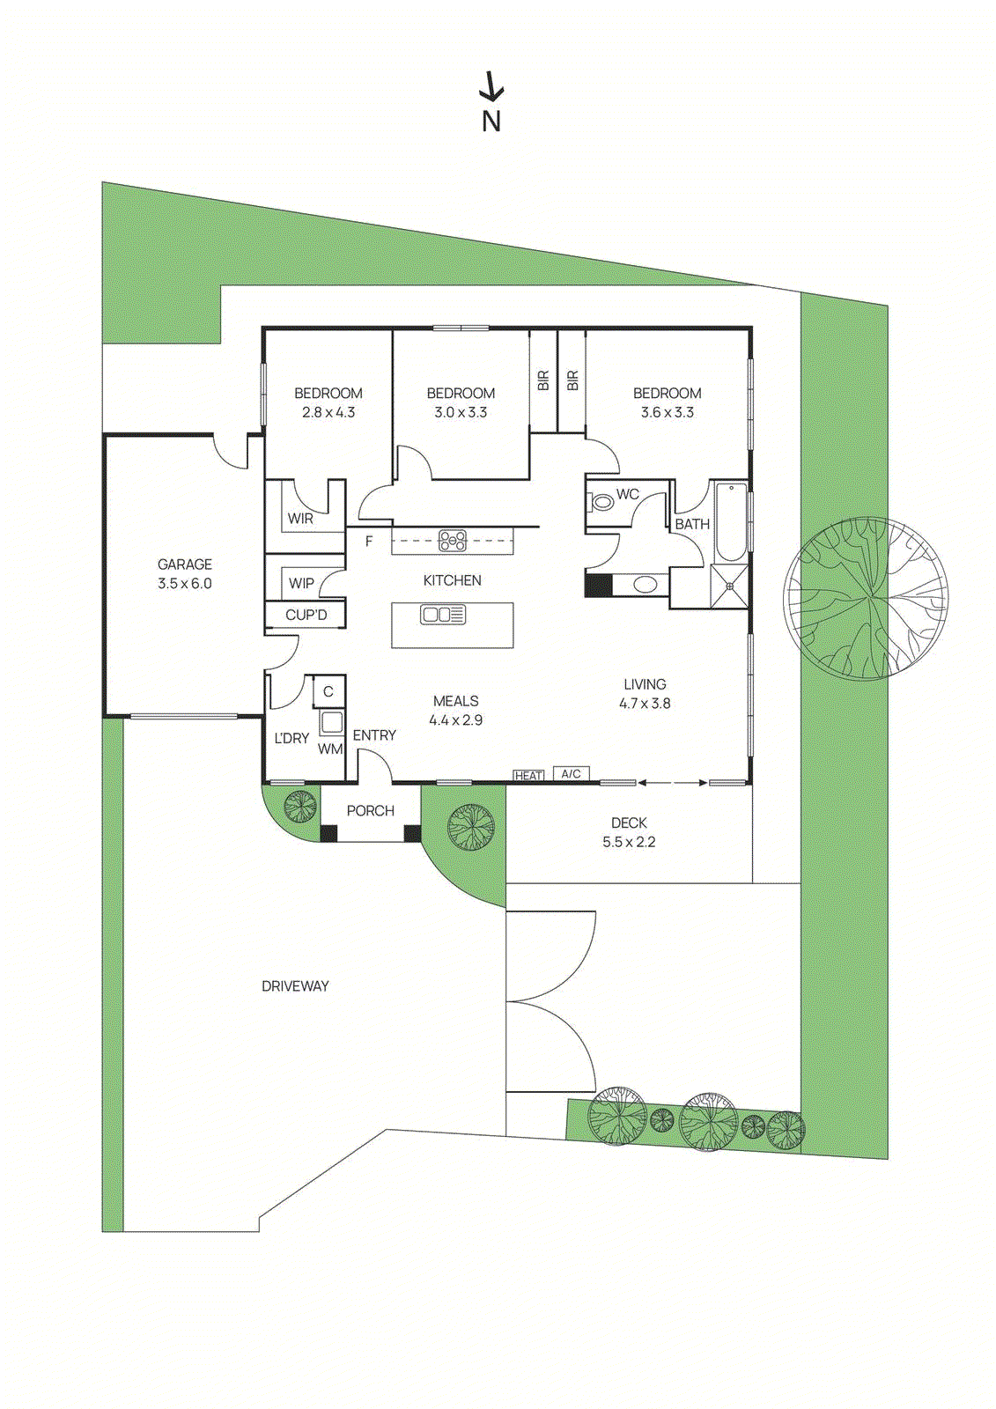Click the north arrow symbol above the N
click(491, 88)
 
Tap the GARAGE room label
click(185, 564)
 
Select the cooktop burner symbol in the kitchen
click(453, 540)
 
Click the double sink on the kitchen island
click(443, 615)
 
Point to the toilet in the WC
click(602, 503)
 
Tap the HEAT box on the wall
click(528, 775)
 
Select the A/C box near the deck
click(571, 773)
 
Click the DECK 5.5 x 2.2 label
click(629, 832)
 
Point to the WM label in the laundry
click(330, 749)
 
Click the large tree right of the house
click(867, 599)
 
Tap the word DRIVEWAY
click(295, 986)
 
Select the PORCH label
click(370, 811)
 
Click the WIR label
click(300, 519)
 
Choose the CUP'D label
click(306, 615)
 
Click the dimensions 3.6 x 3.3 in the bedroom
click(667, 412)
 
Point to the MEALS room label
click(455, 701)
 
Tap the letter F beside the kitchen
click(369, 542)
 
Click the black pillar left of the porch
click(328, 832)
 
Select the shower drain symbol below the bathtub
click(730, 586)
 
